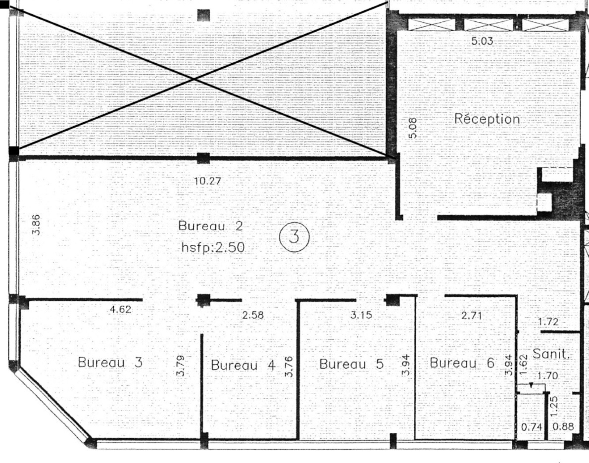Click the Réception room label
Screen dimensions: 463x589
487,119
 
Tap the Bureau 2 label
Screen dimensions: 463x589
211,226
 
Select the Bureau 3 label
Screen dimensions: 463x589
110,362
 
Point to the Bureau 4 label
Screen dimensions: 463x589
243,365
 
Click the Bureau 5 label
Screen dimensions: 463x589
351,364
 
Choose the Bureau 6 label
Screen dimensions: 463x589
462,363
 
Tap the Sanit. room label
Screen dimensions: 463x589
551,354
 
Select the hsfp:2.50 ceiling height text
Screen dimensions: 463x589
213,247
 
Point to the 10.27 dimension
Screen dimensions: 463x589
208,181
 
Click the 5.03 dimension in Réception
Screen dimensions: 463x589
482,41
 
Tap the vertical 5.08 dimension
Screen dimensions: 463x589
413,128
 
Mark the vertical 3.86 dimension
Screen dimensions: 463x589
36,225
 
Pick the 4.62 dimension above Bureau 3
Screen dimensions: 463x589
120,310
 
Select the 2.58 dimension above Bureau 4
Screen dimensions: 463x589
253,315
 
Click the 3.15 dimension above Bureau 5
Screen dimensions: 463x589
361,315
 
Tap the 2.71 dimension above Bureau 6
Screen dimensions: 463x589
472,315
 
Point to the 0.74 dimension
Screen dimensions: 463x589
532,427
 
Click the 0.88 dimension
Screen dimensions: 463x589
563,427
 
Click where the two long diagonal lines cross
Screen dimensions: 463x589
195,79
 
